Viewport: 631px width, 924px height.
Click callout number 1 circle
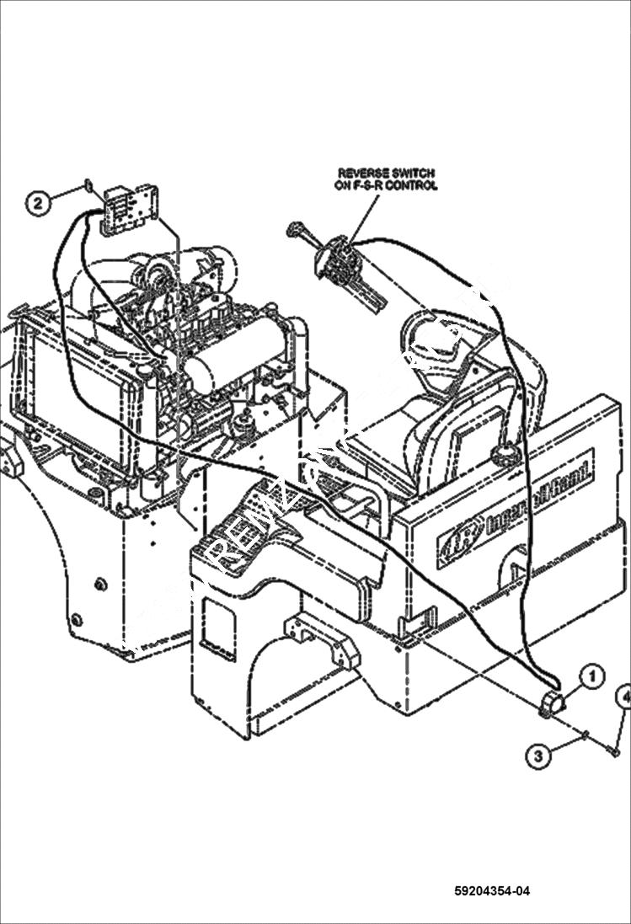click(591, 675)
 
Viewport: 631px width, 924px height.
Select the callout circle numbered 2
click(38, 202)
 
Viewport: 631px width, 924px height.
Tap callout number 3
click(540, 756)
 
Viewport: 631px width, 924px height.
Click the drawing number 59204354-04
click(492, 891)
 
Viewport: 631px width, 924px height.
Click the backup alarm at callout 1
click(552, 702)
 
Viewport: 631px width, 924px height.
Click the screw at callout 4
click(612, 749)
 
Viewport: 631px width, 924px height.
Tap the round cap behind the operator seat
click(505, 455)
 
